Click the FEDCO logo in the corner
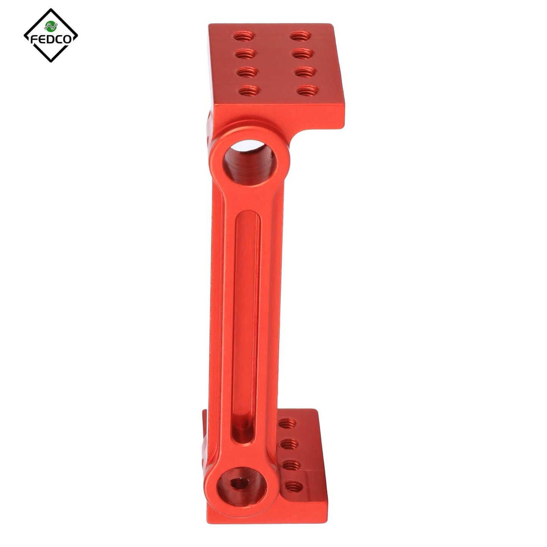point(51,36)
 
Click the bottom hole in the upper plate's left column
point(246,90)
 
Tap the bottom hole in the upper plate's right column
point(305,90)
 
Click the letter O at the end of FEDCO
point(68,40)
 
